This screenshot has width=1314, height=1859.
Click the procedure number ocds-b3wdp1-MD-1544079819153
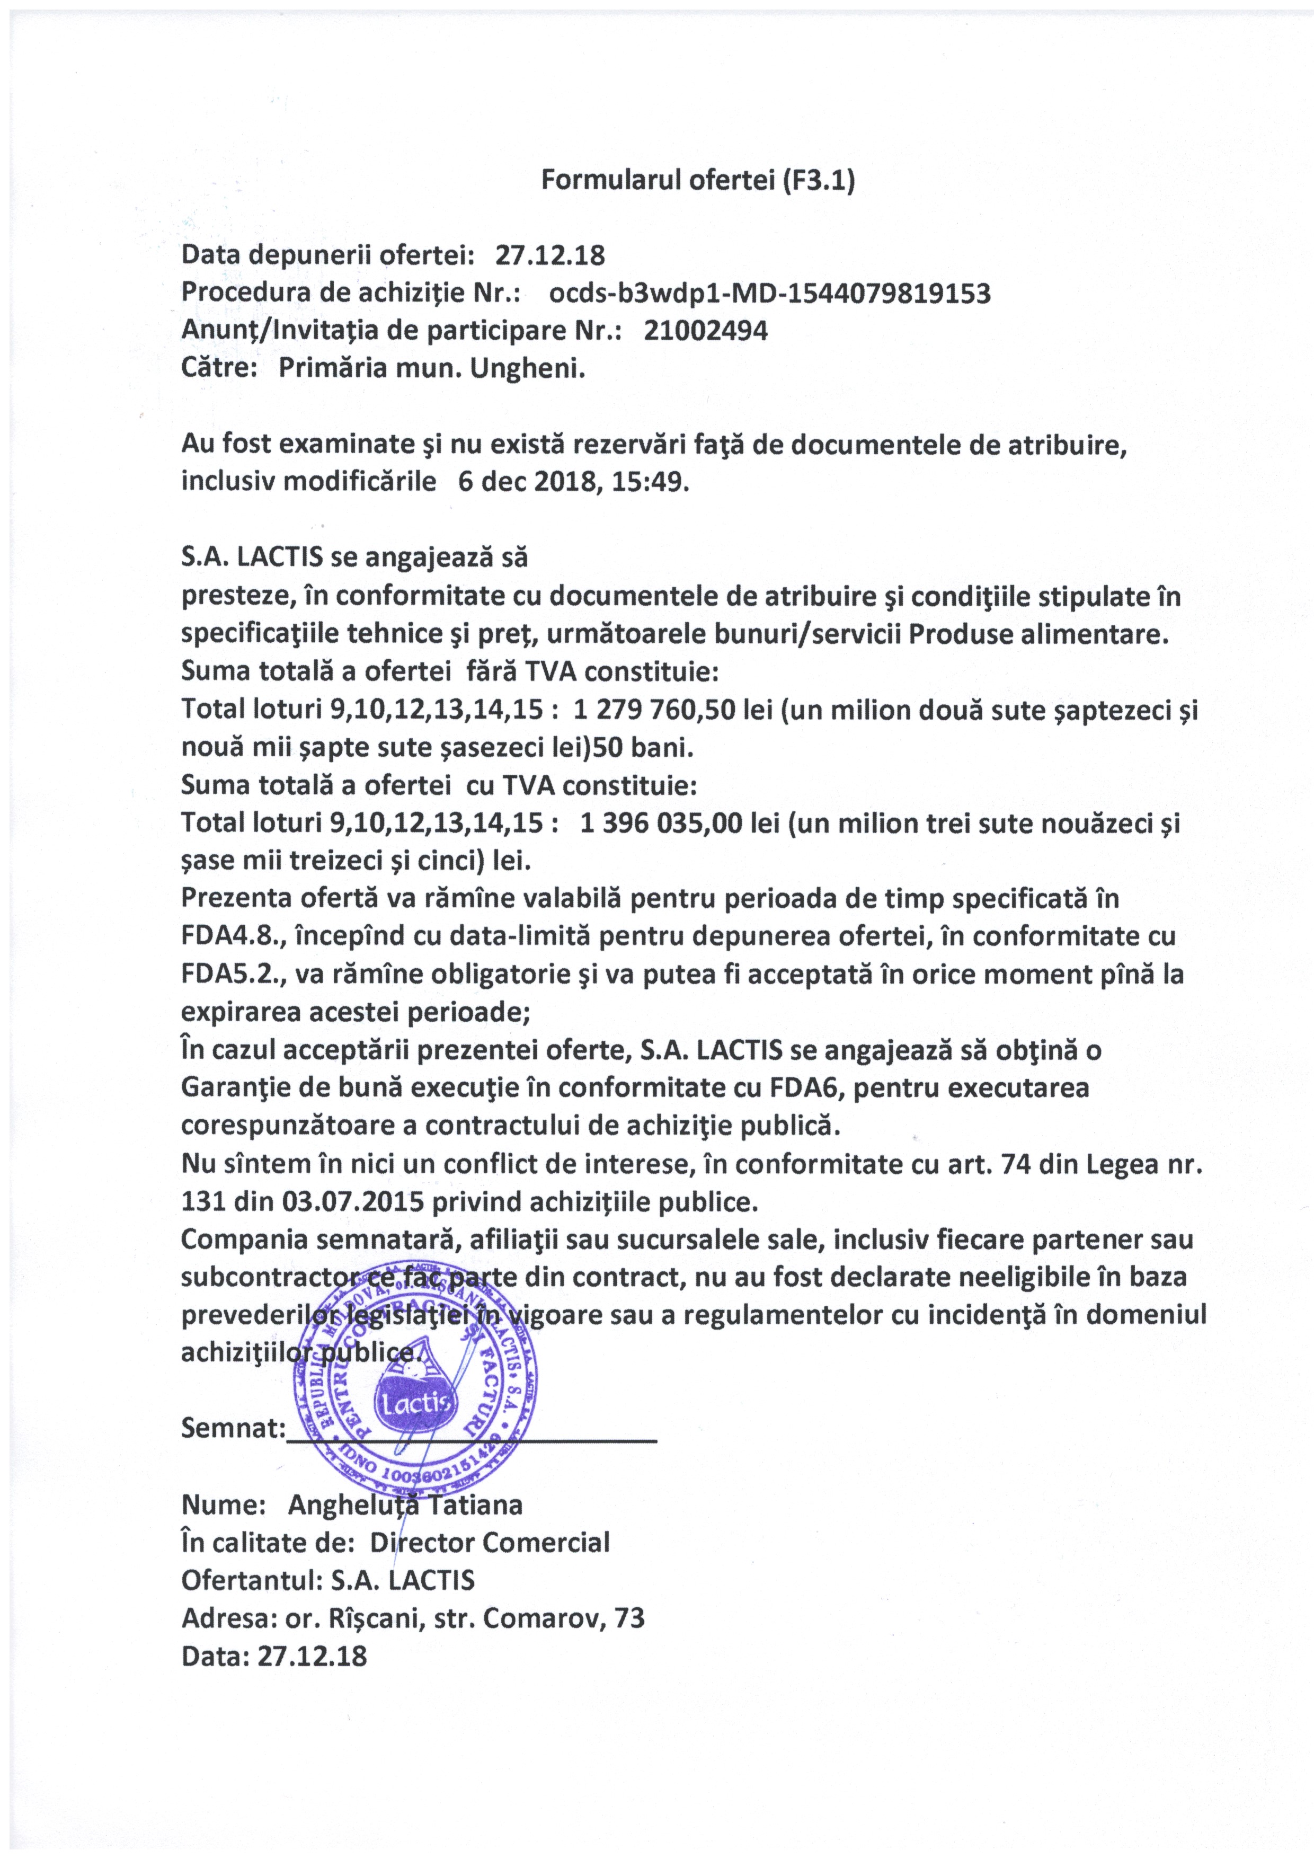(x=769, y=293)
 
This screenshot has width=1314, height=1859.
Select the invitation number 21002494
(x=705, y=330)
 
